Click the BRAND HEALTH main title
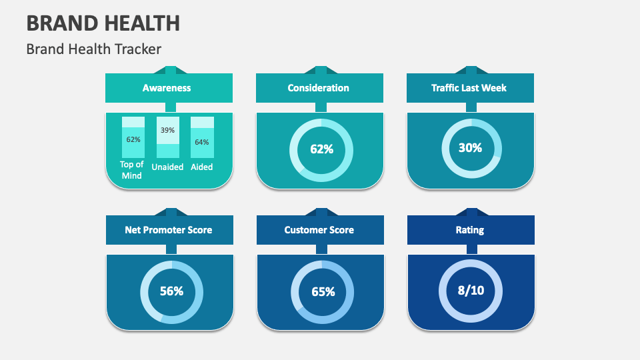point(103,23)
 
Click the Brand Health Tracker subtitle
point(94,49)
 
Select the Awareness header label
point(167,88)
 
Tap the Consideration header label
point(318,88)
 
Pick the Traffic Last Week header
point(469,88)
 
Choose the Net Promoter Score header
point(169,230)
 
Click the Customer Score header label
point(319,230)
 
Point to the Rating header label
point(470,230)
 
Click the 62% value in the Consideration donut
point(321,149)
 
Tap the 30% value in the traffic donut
point(470,149)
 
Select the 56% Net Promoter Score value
point(171,291)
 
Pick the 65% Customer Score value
point(323,292)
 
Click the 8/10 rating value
point(471,291)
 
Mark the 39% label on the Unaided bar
point(167,131)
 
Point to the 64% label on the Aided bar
point(202,142)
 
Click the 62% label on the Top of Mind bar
point(133,140)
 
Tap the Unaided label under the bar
point(167,167)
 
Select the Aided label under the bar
point(202,167)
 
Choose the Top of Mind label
point(132,170)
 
